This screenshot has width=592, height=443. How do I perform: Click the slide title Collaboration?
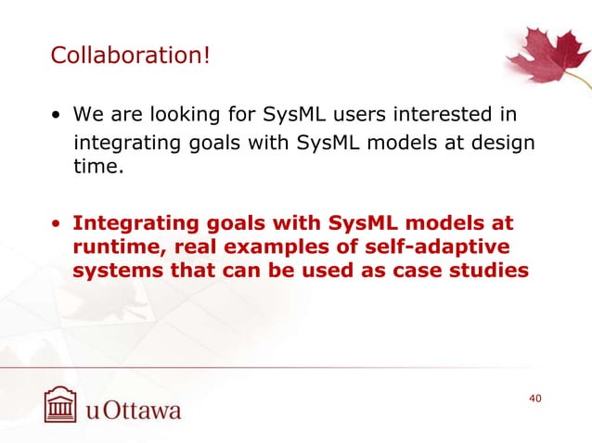[x=130, y=57]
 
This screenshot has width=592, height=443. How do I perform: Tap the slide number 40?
[x=534, y=398]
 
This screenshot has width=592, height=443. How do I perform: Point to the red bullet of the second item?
[x=58, y=225]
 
